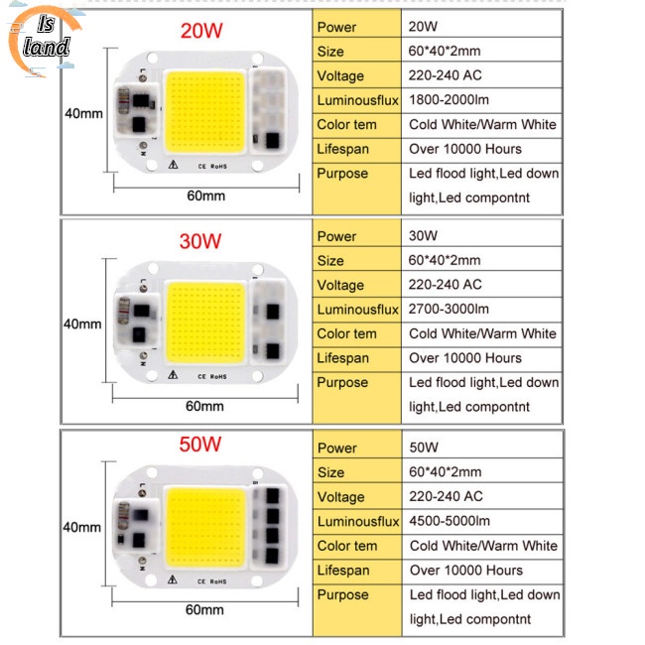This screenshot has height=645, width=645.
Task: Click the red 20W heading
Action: (x=201, y=31)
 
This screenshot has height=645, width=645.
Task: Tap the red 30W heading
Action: (x=200, y=241)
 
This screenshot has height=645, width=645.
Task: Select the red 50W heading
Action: (x=200, y=445)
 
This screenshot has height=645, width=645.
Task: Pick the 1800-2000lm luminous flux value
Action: (x=449, y=100)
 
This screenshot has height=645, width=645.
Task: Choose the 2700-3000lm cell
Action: (x=449, y=309)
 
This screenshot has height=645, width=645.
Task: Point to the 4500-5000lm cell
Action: (x=450, y=521)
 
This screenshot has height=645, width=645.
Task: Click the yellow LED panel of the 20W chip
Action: (x=204, y=112)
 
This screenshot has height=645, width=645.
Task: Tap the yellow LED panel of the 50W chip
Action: (x=206, y=527)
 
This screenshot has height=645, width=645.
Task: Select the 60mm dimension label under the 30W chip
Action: (x=204, y=406)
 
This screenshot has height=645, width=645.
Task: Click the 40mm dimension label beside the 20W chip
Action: (x=83, y=113)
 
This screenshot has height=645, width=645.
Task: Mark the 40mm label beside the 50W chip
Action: (x=81, y=527)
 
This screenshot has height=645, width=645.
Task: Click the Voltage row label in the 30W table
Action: (x=340, y=285)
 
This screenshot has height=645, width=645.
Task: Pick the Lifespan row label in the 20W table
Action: (x=342, y=149)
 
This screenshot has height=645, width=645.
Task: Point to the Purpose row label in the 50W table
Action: (x=343, y=594)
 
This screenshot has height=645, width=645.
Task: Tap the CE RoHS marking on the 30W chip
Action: (x=212, y=376)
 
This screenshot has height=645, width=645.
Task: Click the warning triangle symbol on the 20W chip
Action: (x=174, y=165)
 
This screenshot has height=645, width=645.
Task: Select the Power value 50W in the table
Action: (x=424, y=448)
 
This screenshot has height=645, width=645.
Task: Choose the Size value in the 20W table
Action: (x=445, y=51)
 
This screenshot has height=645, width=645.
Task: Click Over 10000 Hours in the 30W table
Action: (x=465, y=358)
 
